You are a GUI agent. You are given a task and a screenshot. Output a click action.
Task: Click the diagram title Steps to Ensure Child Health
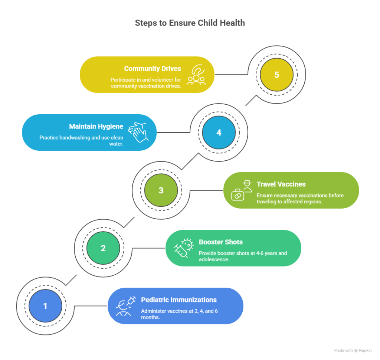190,23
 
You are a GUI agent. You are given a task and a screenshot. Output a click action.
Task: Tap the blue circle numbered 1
45,306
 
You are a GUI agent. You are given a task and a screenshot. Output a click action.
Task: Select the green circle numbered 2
103,248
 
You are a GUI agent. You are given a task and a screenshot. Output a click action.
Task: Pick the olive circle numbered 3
161,190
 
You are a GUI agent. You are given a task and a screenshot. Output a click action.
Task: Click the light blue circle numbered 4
219,132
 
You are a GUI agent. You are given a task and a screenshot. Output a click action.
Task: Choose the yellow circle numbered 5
276,75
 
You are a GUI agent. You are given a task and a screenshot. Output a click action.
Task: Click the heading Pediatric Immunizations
179,300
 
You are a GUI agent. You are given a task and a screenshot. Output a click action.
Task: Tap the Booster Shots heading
221,242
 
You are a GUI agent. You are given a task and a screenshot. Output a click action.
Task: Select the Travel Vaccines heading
281,184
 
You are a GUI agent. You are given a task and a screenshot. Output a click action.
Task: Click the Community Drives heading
153,69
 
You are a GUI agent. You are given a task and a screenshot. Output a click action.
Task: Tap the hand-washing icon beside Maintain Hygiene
138,132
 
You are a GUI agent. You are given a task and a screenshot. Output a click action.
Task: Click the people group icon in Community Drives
196,75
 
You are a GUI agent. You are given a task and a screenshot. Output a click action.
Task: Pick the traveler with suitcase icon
242,190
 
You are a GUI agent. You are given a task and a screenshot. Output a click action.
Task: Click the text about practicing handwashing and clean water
81,140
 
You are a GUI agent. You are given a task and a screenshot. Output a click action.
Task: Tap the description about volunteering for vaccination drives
145,82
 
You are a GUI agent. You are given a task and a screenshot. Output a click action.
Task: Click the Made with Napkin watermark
353,350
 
